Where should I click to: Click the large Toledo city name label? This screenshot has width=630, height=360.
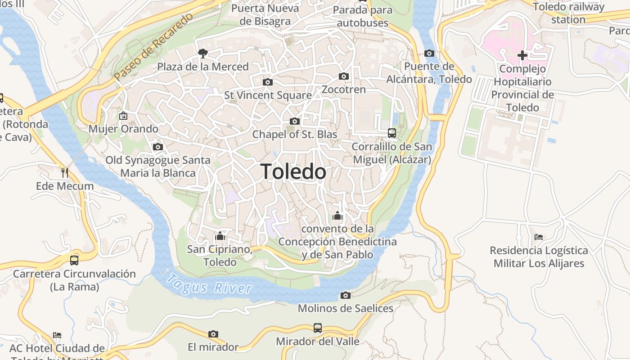[x=293, y=172]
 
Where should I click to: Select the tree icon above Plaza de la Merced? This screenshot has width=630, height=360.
[x=203, y=54]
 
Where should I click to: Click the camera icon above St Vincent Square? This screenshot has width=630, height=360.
[x=268, y=82]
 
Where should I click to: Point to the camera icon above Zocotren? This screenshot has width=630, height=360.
[x=344, y=76]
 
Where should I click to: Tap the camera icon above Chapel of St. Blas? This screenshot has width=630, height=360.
[x=295, y=121]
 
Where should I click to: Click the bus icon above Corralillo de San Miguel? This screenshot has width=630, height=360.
[x=392, y=133]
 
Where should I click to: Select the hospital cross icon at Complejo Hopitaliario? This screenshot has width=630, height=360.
[x=522, y=55]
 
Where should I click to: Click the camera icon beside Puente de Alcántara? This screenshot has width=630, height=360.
[x=430, y=53]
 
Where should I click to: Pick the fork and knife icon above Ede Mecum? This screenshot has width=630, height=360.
[x=65, y=172]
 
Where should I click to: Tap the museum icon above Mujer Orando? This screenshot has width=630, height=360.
[x=123, y=116]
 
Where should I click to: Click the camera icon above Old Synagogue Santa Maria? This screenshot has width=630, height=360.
[x=157, y=147]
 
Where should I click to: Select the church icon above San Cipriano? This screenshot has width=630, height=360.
[x=220, y=236]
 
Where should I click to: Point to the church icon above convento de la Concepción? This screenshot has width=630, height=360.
[x=337, y=216]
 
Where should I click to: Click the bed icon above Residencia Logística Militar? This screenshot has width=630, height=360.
[x=539, y=237]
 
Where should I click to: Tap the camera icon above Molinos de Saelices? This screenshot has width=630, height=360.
[x=346, y=295]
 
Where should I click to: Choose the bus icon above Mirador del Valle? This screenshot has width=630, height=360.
[x=318, y=328]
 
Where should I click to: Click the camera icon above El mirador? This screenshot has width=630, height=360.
[x=213, y=334]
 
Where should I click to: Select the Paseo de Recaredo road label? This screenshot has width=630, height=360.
[x=153, y=47]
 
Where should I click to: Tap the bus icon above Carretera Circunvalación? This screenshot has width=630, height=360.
[x=74, y=260]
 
